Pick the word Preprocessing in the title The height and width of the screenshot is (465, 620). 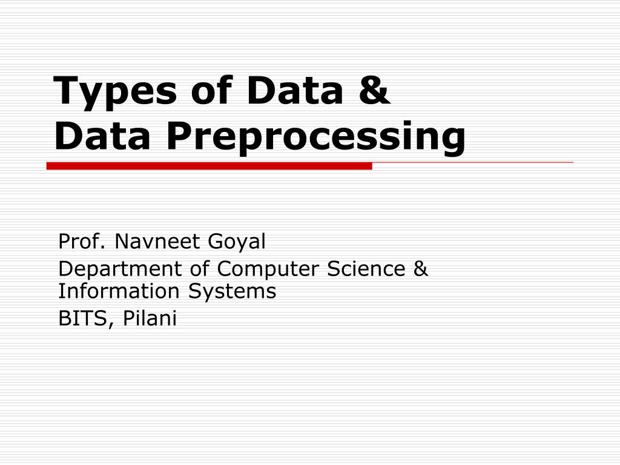coord(316,138)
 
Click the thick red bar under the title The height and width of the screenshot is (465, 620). coord(209,166)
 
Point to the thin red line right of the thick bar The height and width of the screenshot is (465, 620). coord(472,163)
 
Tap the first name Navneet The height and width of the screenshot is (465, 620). coord(158,242)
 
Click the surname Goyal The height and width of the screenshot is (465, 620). coord(237,243)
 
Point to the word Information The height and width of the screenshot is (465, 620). coord(119,291)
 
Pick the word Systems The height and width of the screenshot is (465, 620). coord(231,292)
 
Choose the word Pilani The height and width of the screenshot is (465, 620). coord(150,318)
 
